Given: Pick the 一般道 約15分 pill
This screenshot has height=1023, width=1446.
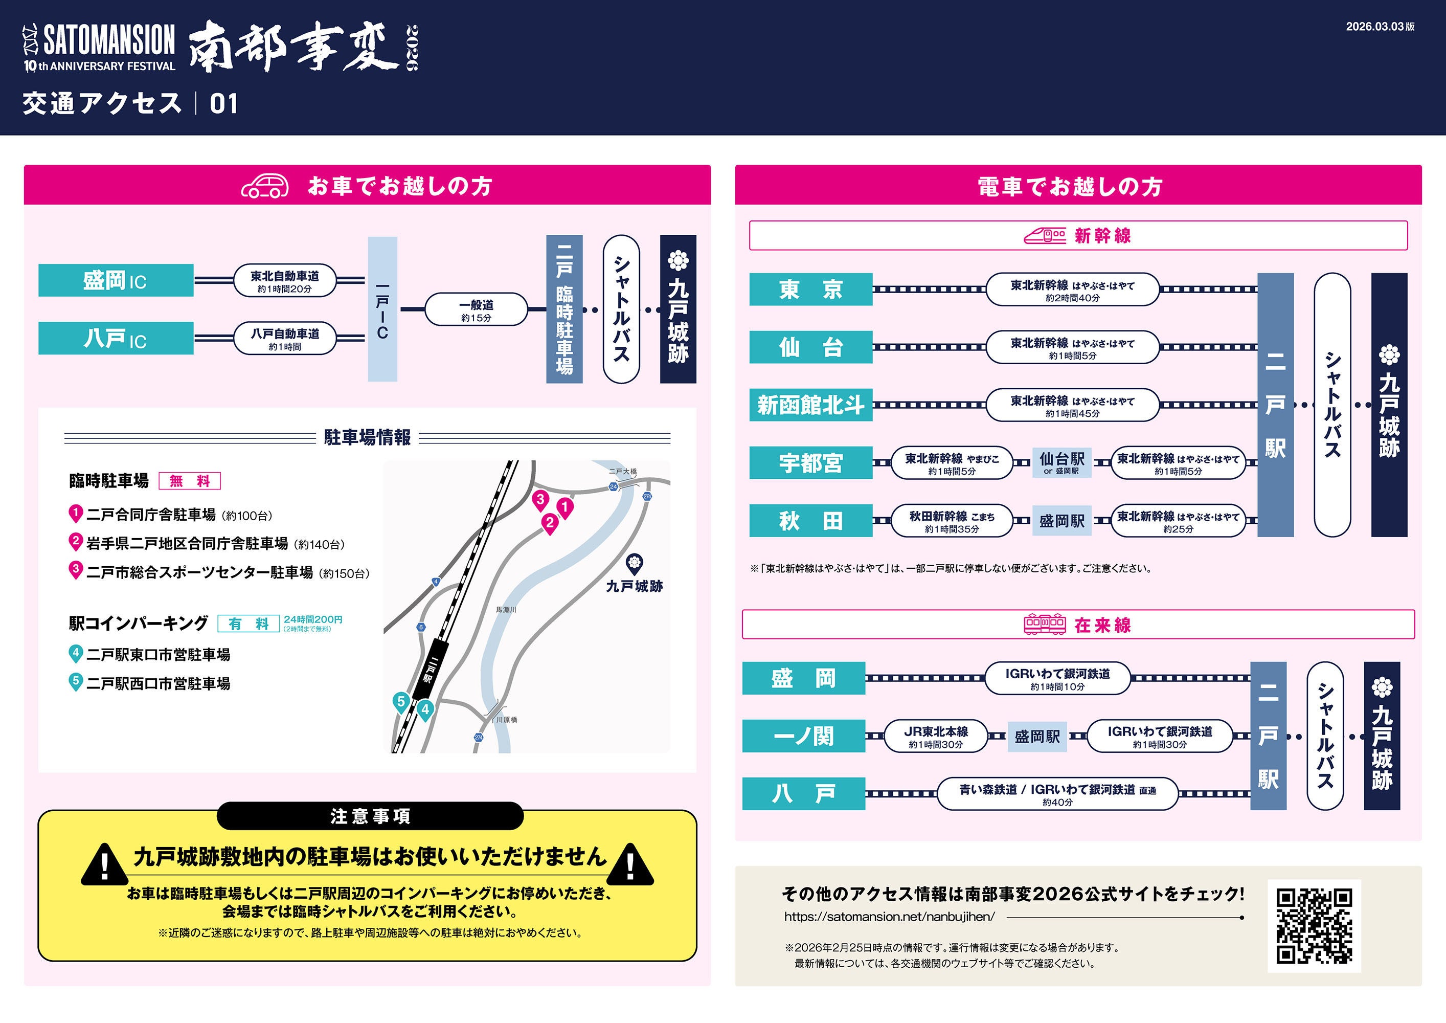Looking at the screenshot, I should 476,309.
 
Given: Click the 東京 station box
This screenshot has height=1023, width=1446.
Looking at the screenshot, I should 810,289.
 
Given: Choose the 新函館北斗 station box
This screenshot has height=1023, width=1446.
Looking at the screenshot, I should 810,405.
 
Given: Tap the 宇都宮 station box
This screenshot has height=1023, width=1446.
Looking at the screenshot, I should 810,463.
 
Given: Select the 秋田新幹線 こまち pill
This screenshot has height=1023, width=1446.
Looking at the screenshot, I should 952,521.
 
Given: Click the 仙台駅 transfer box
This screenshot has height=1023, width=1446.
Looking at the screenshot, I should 1062,462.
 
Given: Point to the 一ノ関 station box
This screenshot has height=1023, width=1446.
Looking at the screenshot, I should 804,736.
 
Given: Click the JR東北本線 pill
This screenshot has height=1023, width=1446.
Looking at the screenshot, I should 936,736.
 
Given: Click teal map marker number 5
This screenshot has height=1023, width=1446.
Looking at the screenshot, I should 400,702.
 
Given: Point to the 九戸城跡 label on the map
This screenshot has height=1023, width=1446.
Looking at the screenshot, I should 634,586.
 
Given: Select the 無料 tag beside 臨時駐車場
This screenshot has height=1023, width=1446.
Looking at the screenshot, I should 190,481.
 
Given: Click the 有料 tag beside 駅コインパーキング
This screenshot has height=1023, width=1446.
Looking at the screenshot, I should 248,624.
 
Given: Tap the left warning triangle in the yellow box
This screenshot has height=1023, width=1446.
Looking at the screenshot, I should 104,865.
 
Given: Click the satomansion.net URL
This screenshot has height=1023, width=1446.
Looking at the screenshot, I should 889,917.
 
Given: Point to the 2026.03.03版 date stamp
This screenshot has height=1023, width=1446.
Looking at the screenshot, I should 1380,27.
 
